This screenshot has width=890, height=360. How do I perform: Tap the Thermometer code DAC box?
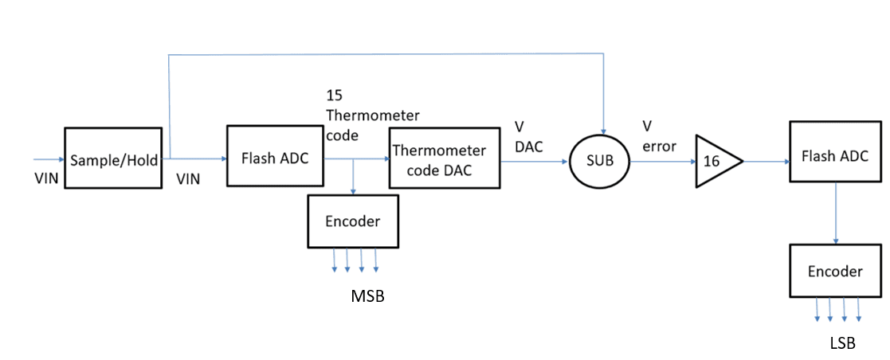[x=445, y=158]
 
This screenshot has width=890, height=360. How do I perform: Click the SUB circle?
[x=599, y=160]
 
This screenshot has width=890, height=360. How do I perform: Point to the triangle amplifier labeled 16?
[x=714, y=161]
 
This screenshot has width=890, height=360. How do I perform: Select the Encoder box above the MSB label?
[x=353, y=221]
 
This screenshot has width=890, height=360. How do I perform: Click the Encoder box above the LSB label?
[x=835, y=272]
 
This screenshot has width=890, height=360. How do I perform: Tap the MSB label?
[x=367, y=296]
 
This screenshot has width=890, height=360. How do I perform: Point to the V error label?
[x=659, y=136]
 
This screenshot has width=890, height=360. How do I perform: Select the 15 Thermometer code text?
[x=372, y=115]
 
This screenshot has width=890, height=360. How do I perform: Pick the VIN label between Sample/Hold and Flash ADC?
[x=188, y=180]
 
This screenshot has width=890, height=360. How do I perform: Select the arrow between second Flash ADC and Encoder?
[x=836, y=213]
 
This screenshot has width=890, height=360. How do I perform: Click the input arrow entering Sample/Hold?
[x=47, y=158]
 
